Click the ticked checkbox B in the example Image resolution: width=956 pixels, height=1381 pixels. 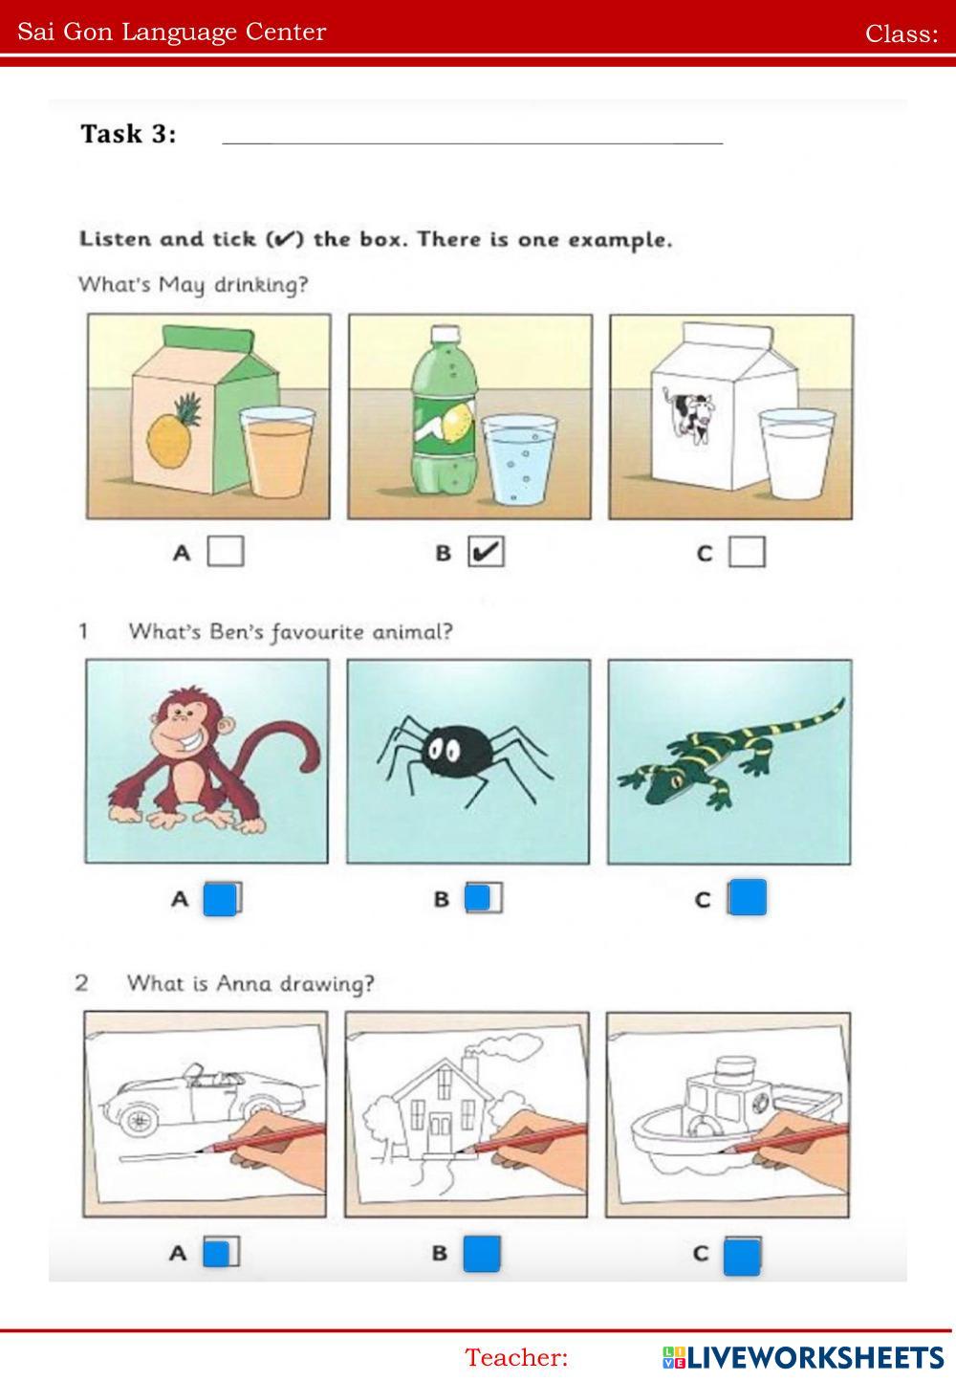[486, 551]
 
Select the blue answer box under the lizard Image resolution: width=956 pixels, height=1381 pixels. [747, 897]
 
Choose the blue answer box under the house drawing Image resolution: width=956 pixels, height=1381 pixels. [482, 1254]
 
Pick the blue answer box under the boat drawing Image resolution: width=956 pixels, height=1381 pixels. [742, 1256]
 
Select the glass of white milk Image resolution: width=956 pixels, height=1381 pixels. [796, 454]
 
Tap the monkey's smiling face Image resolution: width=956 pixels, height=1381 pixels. [184, 728]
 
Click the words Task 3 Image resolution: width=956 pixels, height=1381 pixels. [128, 133]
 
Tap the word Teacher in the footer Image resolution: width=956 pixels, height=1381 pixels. [516, 1357]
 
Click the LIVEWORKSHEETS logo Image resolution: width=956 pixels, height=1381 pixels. [803, 1357]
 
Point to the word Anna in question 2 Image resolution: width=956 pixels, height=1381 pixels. [244, 983]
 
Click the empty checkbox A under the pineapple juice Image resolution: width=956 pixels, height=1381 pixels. [226, 551]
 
